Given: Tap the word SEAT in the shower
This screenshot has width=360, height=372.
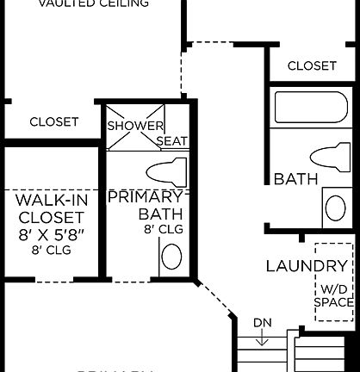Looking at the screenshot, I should click(x=171, y=140).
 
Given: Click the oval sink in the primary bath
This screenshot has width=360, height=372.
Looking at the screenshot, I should click(x=171, y=257).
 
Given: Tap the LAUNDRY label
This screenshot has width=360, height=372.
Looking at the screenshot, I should click(x=307, y=265).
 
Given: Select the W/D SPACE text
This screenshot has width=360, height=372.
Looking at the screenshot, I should click(x=333, y=296).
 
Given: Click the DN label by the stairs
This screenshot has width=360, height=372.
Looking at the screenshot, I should click(x=263, y=323).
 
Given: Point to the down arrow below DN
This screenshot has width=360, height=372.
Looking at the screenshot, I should click(x=263, y=338).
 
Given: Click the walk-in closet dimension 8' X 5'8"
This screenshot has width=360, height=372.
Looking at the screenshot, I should click(x=52, y=233).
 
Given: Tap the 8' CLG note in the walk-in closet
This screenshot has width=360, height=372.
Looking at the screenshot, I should click(x=52, y=250).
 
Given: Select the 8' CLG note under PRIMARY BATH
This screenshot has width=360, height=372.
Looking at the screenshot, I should click(x=163, y=230).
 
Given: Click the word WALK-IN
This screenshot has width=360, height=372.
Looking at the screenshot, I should click(x=52, y=200).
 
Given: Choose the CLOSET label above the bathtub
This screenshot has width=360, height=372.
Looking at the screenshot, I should click(x=312, y=65).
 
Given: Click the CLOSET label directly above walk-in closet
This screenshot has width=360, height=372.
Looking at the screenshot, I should click(x=53, y=122).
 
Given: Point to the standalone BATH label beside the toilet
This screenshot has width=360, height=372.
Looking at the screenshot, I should click(x=295, y=179).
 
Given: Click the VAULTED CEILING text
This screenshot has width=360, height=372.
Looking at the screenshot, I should click(x=96, y=3).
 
